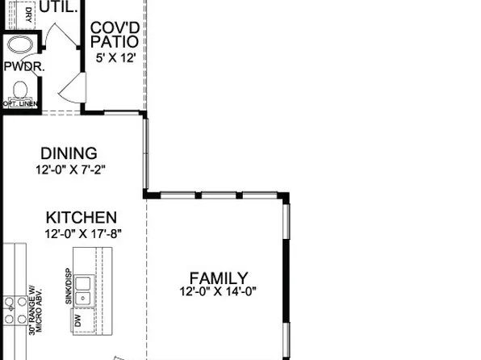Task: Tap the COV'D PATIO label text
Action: click(113, 34)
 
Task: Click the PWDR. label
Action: click(23, 68)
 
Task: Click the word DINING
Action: click(69, 153)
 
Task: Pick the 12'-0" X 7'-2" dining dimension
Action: click(71, 170)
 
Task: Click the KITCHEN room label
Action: click(81, 217)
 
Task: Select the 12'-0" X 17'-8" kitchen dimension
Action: click(83, 233)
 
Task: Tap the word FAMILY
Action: click(218, 278)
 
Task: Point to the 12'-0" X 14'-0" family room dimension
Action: click(218, 291)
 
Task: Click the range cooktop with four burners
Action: click(14, 311)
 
